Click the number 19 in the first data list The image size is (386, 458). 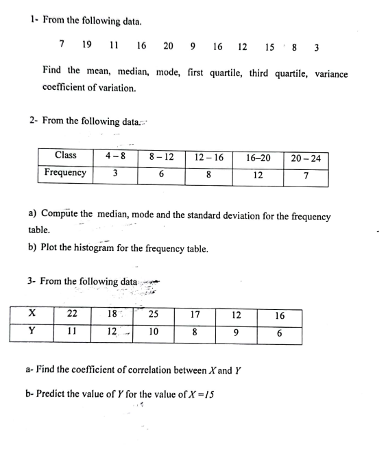pyautogui.click(x=87, y=46)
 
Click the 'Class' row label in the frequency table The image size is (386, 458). pyautogui.click(x=65, y=156)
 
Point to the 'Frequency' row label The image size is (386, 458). pyautogui.click(x=65, y=172)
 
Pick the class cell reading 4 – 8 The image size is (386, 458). pyautogui.click(x=114, y=156)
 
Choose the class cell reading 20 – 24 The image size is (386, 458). pyautogui.click(x=305, y=158)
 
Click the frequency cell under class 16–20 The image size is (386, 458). pyautogui.click(x=258, y=174)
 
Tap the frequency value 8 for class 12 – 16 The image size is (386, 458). pyautogui.click(x=208, y=174)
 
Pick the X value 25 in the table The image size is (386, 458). pyautogui.click(x=154, y=315)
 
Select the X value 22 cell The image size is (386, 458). pyautogui.click(x=72, y=315)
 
